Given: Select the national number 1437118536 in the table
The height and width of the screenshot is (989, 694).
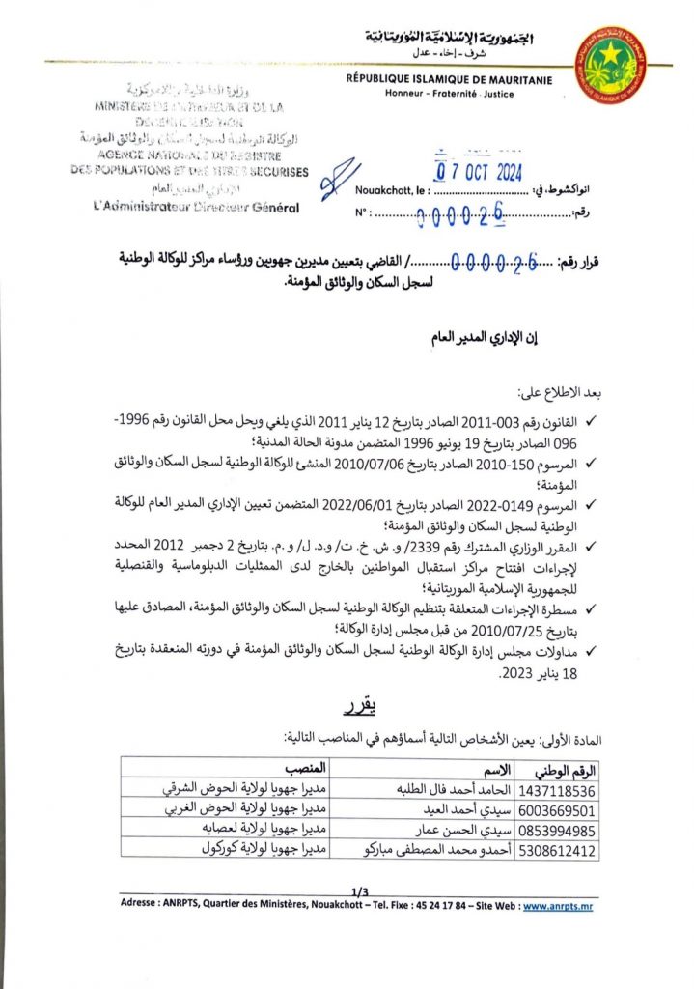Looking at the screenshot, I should (x=558, y=789).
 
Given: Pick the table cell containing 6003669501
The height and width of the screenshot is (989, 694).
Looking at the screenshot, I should (x=558, y=809).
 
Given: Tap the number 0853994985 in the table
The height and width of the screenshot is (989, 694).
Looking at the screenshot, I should (x=558, y=830).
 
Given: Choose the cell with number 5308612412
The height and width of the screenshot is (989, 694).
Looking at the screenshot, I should (x=558, y=851).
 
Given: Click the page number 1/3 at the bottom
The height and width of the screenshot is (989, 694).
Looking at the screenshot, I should (x=361, y=890).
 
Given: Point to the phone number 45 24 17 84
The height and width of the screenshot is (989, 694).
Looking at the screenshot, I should (x=428, y=906).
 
